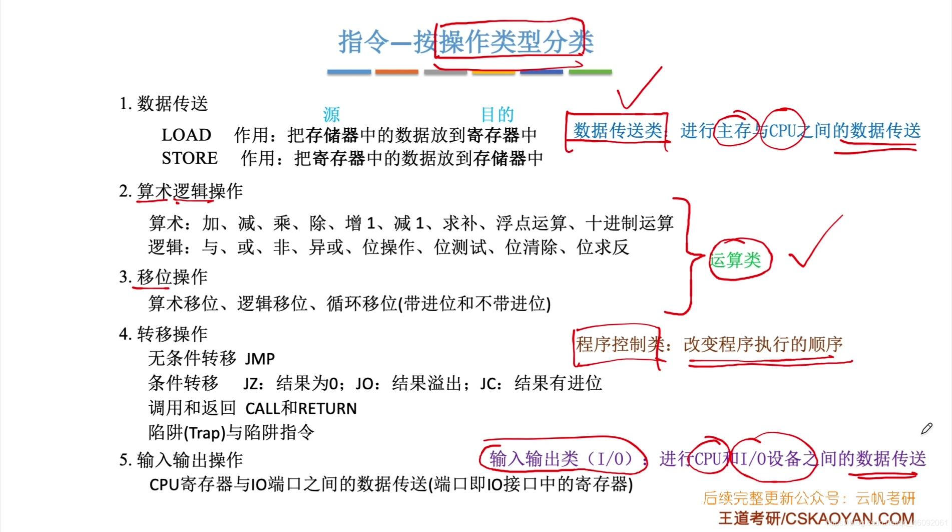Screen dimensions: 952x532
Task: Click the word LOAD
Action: pos(186,135)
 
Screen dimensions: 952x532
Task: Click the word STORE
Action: pos(189,158)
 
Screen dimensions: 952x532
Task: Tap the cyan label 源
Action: pos(331,115)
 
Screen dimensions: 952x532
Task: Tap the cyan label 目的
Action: pos(497,115)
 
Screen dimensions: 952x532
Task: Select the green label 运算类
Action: pos(735,259)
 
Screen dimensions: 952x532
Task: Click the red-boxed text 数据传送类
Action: pos(617,131)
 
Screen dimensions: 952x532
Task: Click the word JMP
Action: pos(260,359)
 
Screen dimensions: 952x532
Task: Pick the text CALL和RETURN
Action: pos(301,408)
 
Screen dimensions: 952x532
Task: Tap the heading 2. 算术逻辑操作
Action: pos(181,191)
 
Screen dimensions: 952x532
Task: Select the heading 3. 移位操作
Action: pos(163,277)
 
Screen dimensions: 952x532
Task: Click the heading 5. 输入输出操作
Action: pos(181,460)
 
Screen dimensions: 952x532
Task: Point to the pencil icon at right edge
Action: pos(926,428)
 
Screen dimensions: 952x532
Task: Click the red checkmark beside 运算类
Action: pos(815,243)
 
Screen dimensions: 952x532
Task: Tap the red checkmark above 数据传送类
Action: pos(638,88)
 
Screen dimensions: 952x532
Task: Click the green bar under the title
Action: pos(590,72)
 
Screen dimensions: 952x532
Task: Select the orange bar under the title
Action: pos(396,72)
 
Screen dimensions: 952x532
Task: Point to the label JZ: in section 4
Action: pos(253,384)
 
